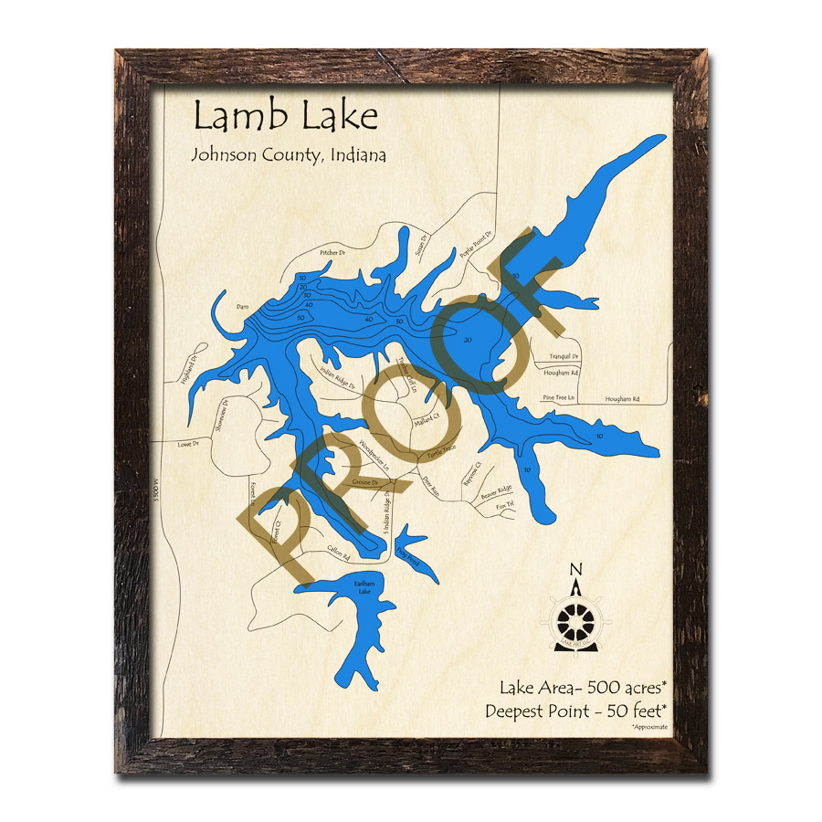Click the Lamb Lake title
pos(285,118)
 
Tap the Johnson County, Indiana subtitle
pos(288,154)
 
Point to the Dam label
pos(242,307)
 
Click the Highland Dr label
pos(190,369)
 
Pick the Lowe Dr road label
pos(188,445)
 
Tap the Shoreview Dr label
pos(220,417)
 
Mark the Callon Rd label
pos(339,551)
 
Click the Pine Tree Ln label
pos(558,397)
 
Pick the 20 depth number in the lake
pos(468,340)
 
